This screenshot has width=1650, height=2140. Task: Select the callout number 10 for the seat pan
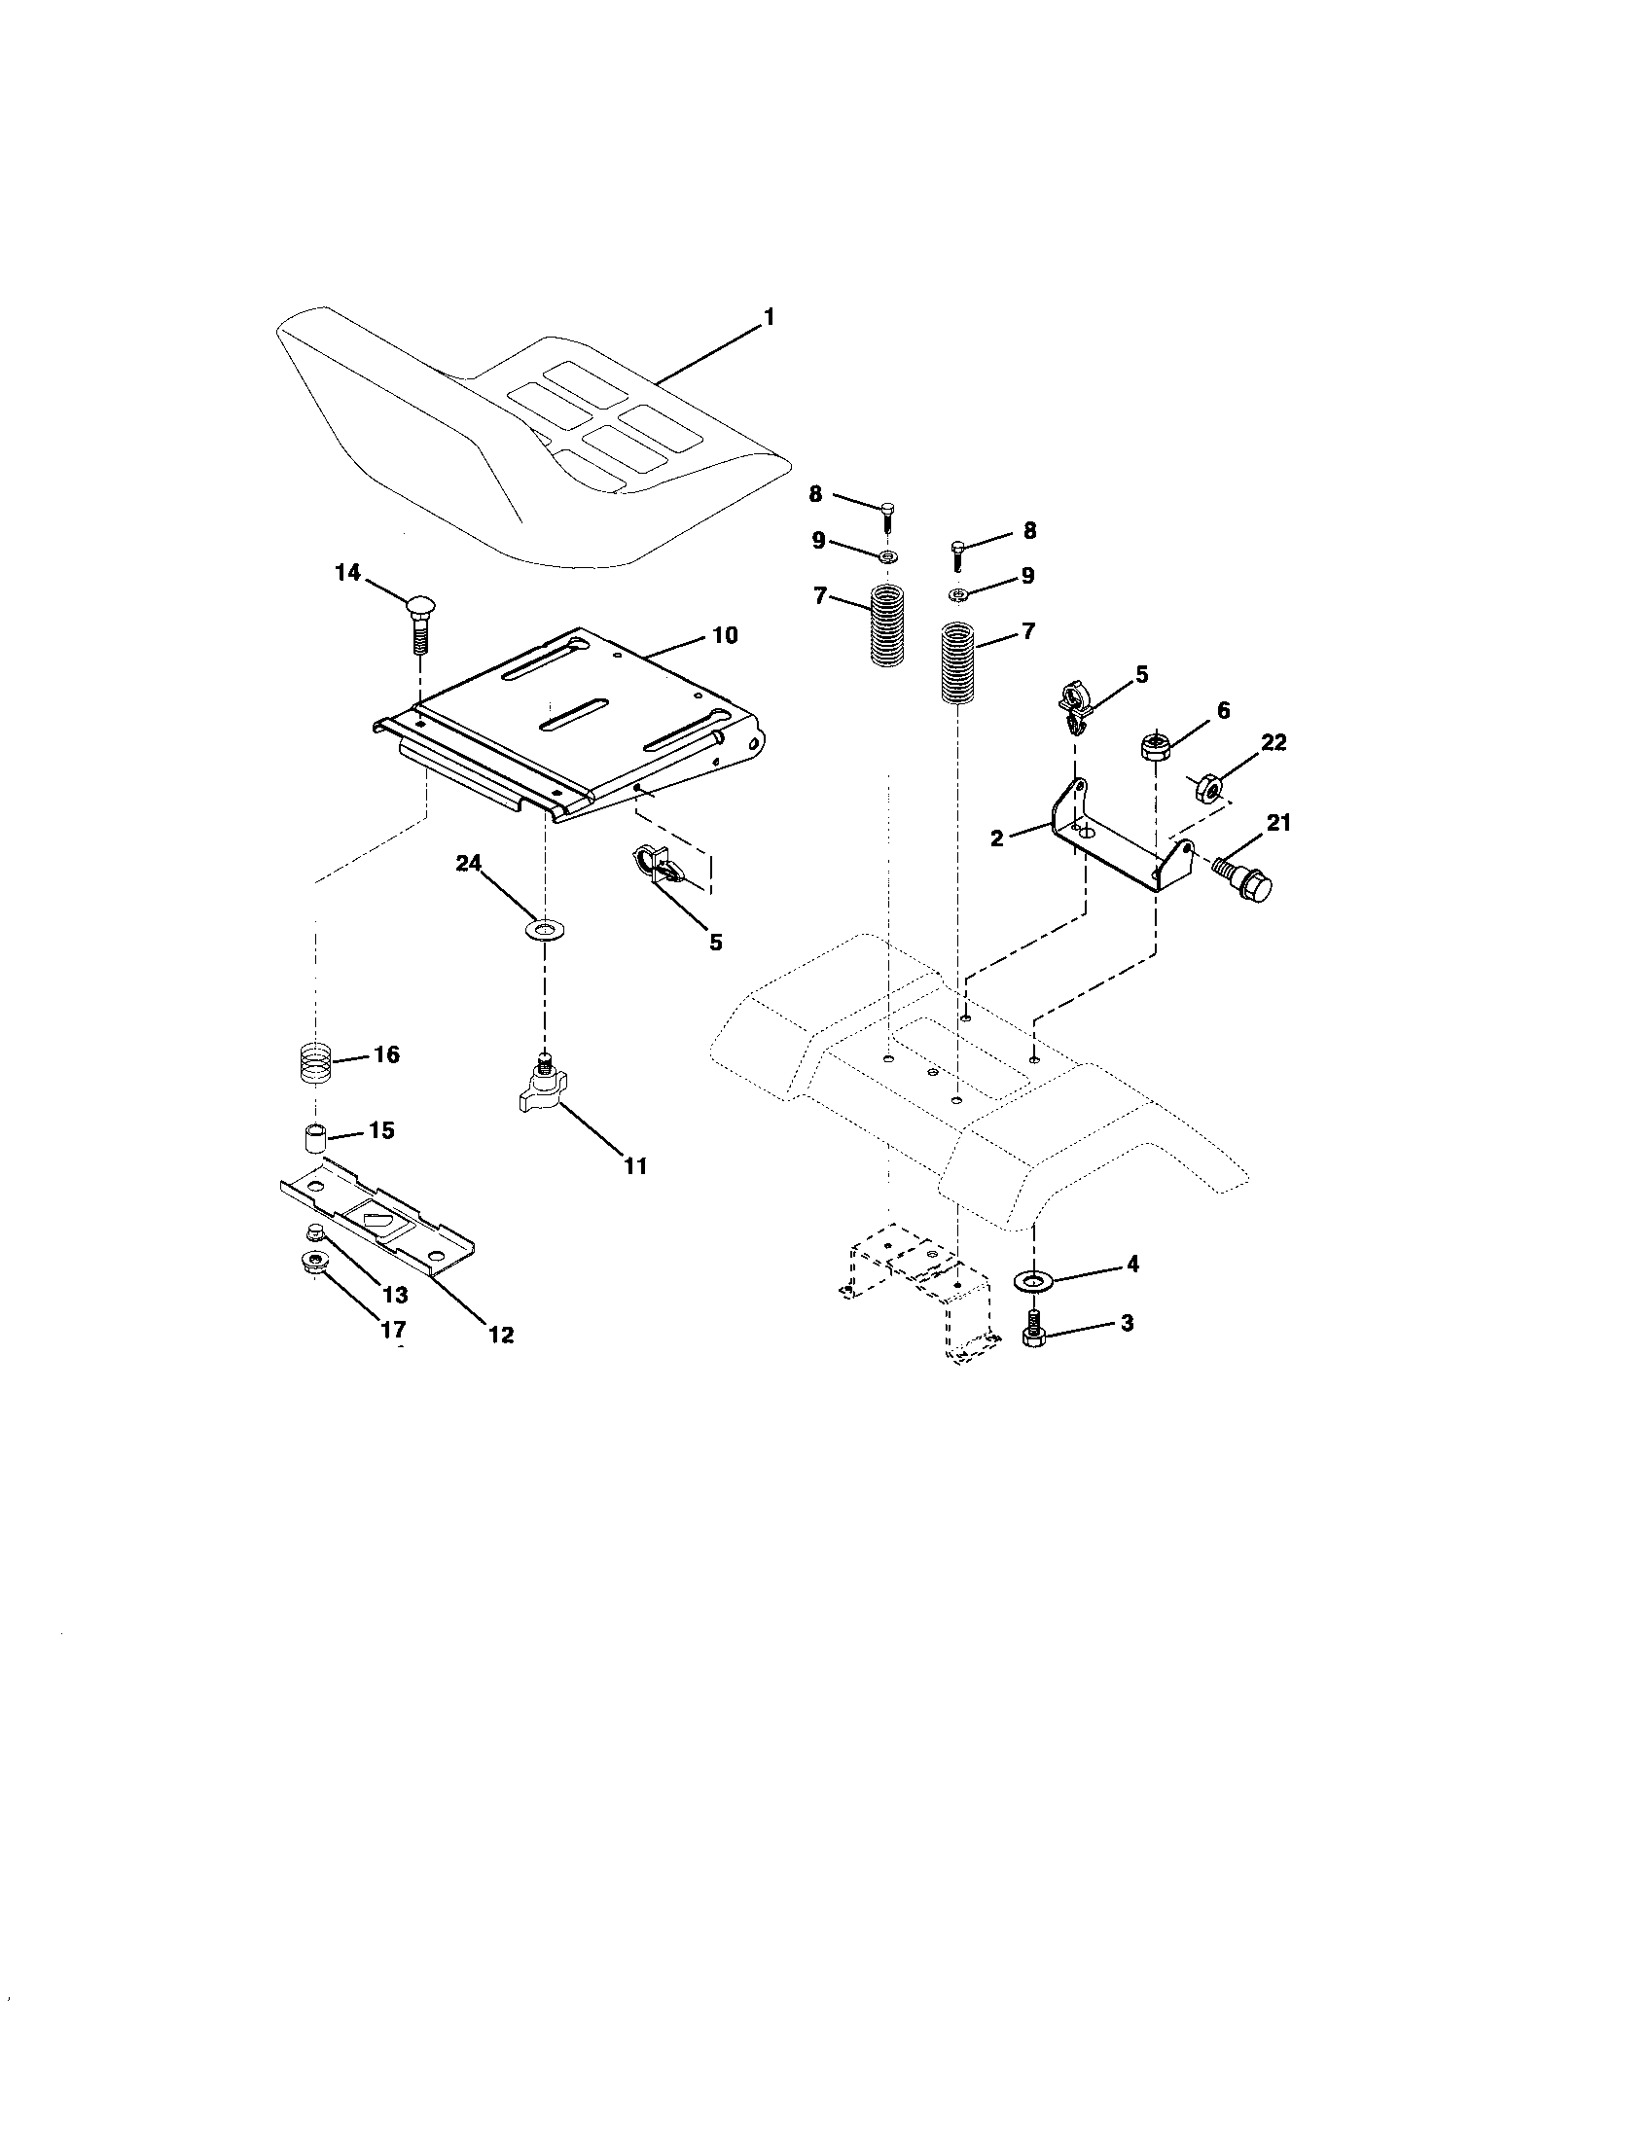[724, 635]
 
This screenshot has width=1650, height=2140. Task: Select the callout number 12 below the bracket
[501, 1334]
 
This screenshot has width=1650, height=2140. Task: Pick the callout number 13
[394, 1295]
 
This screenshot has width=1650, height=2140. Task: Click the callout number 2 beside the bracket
[997, 838]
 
